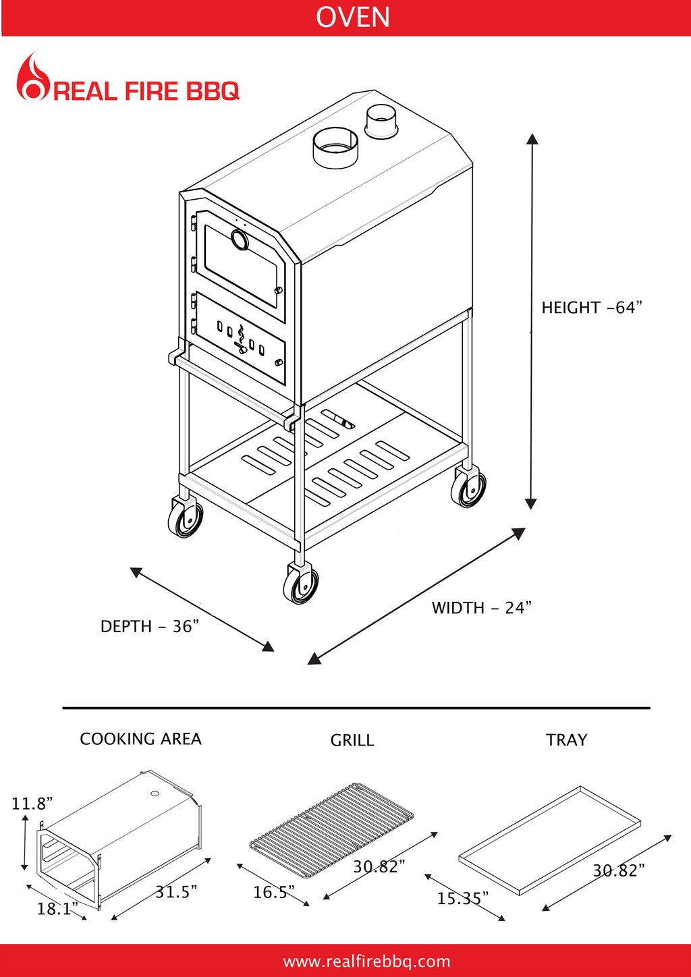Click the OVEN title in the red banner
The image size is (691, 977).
tap(352, 17)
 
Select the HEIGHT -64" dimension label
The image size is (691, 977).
tap(591, 308)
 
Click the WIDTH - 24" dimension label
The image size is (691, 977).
tap(482, 608)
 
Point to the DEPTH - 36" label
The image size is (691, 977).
tap(150, 627)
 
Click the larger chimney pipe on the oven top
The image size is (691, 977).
tap(335, 148)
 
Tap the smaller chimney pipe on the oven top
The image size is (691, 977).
tap(382, 121)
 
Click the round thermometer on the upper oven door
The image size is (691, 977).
tap(239, 239)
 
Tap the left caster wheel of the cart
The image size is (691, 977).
tap(185, 518)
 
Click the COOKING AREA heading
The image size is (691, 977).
tap(140, 739)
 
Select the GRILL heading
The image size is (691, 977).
tap(352, 740)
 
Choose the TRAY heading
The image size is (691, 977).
tap(566, 740)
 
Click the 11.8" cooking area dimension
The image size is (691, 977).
tap(32, 804)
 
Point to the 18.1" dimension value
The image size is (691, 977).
tap(57, 909)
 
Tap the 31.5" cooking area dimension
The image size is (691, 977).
tap(176, 892)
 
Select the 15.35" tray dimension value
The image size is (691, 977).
tap(462, 899)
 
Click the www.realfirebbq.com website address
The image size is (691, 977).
tap(366, 961)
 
